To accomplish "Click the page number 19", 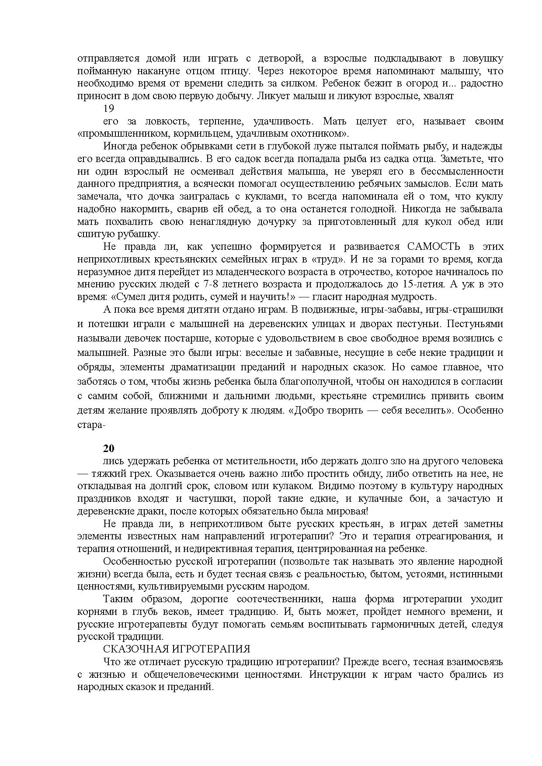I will [108, 108].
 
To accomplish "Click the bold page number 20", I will [108, 448].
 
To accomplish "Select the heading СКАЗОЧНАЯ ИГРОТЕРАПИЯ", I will [177, 649].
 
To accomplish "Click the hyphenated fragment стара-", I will [90, 424].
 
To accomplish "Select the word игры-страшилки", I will [465, 310].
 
